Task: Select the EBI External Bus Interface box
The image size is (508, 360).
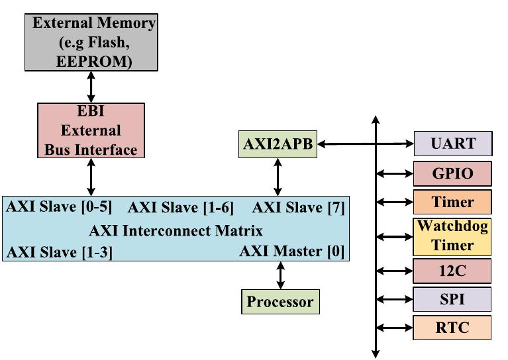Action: pyautogui.click(x=91, y=130)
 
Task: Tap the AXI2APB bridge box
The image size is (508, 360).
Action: pyautogui.click(x=278, y=144)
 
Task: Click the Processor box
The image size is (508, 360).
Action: pyautogui.click(x=279, y=302)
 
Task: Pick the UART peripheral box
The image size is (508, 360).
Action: pyautogui.click(x=453, y=144)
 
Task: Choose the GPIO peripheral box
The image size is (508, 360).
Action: pyautogui.click(x=453, y=173)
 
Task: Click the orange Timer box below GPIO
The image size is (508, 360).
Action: pyautogui.click(x=453, y=202)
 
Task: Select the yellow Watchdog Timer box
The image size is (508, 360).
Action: pyautogui.click(x=453, y=236)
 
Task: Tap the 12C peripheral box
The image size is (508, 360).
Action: pyautogui.click(x=453, y=271)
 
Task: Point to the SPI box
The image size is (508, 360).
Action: pyautogui.click(x=453, y=299)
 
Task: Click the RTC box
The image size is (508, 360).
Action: pyautogui.click(x=453, y=328)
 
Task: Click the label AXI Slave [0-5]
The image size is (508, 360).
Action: pyautogui.click(x=59, y=206)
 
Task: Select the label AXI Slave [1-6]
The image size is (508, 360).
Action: pyautogui.click(x=181, y=208)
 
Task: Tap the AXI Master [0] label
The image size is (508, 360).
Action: pyautogui.click(x=292, y=251)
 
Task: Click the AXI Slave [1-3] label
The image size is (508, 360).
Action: pyautogui.click(x=59, y=252)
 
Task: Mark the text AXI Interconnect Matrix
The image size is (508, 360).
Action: pyautogui.click(x=176, y=230)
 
